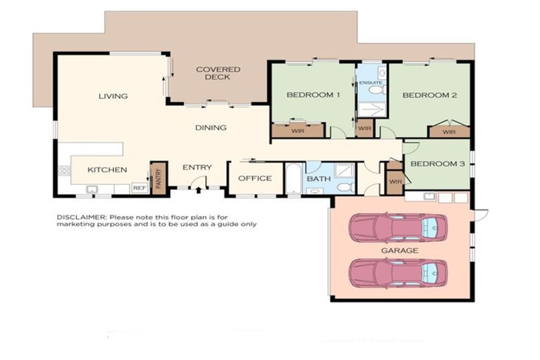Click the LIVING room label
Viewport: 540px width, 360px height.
(x=112, y=96)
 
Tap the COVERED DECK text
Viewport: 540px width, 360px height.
(x=217, y=73)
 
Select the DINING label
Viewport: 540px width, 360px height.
(x=211, y=128)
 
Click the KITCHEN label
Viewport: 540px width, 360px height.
(x=107, y=169)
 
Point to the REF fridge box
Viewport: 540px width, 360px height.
(x=139, y=188)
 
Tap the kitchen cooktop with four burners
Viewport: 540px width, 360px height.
(x=65, y=171)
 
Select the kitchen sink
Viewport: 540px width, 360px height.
(x=91, y=188)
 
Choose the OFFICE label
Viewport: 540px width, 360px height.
(x=255, y=179)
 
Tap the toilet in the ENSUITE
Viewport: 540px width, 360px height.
(x=375, y=90)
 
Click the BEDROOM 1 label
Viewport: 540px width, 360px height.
(x=313, y=95)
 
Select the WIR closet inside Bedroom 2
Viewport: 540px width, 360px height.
(x=449, y=131)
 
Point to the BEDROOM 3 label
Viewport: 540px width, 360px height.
(x=437, y=165)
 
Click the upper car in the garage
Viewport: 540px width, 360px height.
(x=398, y=226)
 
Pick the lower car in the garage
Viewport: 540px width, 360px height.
(x=398, y=271)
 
